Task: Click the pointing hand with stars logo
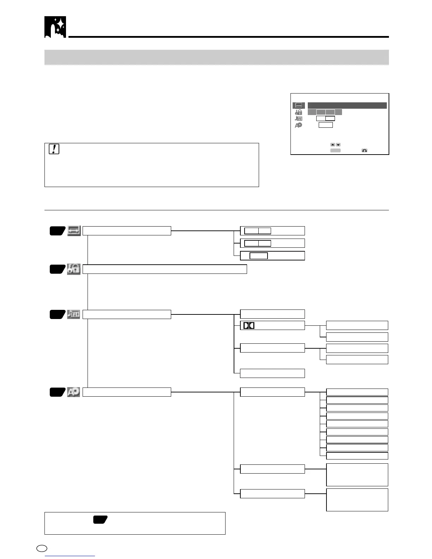55,27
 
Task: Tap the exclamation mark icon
54,149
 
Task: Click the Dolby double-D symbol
249,325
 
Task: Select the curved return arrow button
364,151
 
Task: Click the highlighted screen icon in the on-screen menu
299,106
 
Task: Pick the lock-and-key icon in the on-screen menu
299,112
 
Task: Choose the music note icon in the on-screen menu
299,119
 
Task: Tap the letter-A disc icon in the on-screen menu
299,125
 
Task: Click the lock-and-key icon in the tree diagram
74,269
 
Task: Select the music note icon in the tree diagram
74,314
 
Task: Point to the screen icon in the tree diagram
74,231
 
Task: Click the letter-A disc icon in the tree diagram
74,392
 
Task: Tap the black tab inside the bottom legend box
100,519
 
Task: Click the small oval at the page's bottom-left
42,548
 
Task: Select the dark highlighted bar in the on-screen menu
347,106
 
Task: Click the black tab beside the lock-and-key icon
57,269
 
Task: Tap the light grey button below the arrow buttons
335,151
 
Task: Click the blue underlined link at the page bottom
70,556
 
